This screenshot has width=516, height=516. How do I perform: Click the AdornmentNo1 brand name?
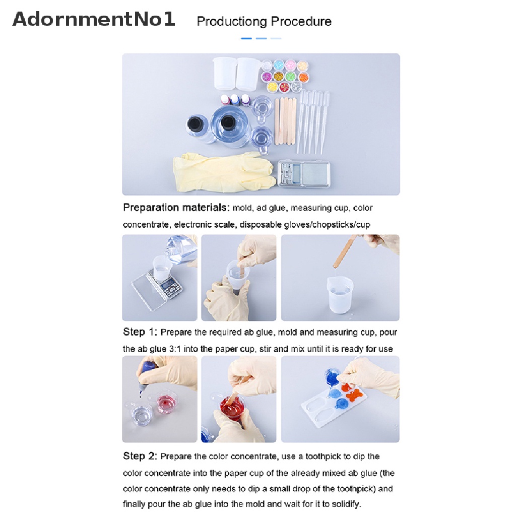coord(94,19)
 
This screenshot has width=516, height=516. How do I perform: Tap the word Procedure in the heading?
coord(301,21)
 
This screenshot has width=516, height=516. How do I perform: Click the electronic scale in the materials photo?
coord(303,173)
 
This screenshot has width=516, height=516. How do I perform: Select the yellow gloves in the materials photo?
coord(224,172)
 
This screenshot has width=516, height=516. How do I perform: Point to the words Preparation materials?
coord(176,208)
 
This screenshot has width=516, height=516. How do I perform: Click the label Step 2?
coord(140,456)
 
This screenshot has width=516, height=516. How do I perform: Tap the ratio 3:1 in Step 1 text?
coord(175,349)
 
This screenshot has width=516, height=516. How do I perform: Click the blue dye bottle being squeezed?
coord(146,373)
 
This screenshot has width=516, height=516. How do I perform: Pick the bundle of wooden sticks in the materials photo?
coord(285,121)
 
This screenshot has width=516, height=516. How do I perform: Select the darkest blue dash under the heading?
coord(246,38)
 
